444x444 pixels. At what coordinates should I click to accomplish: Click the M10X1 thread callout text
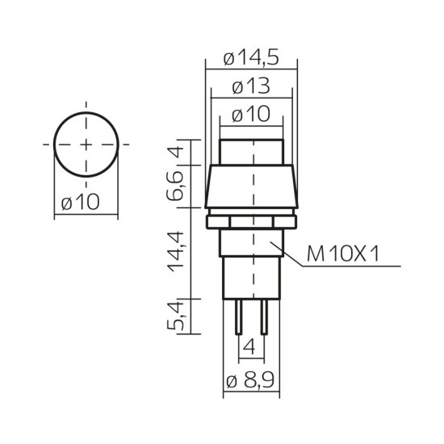coord(343,256)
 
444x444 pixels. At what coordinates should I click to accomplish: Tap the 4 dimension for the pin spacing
coord(251,350)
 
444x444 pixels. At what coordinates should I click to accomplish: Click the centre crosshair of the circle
coord(85,145)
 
